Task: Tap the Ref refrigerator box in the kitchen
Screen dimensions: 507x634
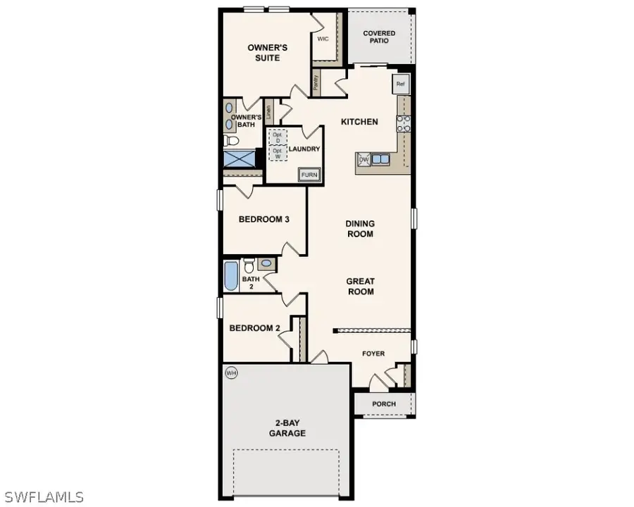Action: [x=401, y=84]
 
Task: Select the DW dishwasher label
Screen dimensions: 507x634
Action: [x=364, y=160]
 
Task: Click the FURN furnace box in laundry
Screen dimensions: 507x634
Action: [x=309, y=175]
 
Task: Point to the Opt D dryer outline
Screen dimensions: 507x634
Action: [x=278, y=137]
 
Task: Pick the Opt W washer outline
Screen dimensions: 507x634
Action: [x=278, y=152]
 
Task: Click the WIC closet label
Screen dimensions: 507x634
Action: [x=323, y=39]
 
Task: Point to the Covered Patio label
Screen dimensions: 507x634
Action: [x=379, y=37]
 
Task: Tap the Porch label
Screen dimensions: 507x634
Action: [x=384, y=403]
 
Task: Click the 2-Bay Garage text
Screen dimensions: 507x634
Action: [x=287, y=428]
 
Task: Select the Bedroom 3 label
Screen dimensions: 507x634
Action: [x=264, y=219]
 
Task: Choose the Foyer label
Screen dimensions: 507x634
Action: [x=373, y=353]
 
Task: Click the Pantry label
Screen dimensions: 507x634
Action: [x=316, y=82]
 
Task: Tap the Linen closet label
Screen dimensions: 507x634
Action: [x=268, y=111]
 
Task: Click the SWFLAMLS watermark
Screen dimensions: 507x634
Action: [x=42, y=497]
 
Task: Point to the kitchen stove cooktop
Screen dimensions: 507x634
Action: [x=404, y=124]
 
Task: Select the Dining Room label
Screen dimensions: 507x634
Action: [x=360, y=229]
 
